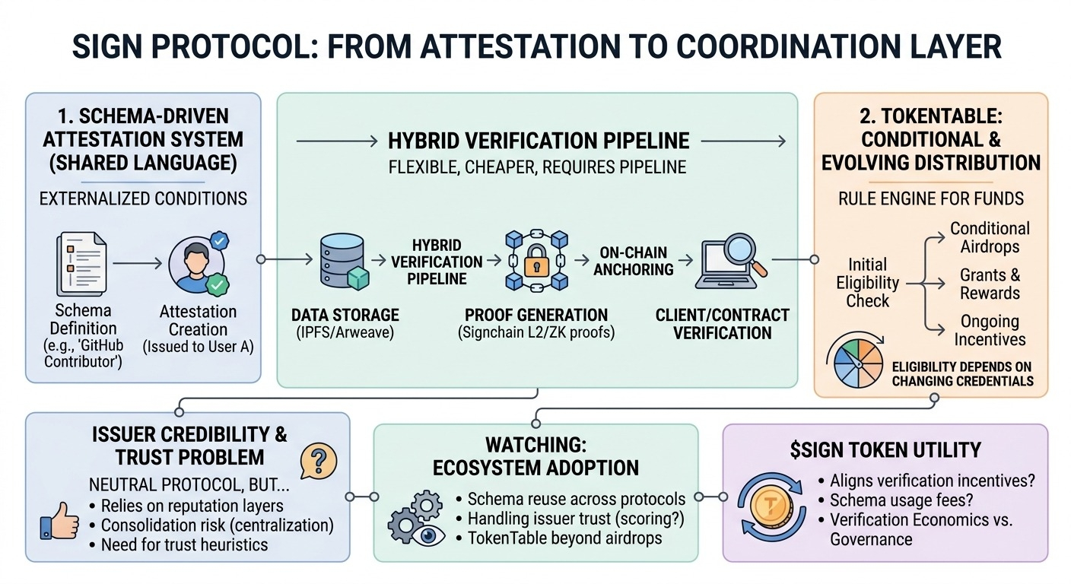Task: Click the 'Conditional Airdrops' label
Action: [990, 237]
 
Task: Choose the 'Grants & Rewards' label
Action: [990, 284]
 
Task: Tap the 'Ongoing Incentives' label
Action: [990, 330]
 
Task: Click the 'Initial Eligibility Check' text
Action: [867, 282]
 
